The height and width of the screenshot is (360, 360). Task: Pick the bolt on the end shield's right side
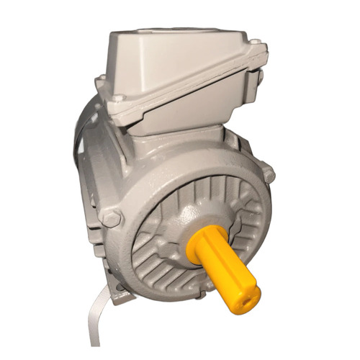click(x=268, y=174)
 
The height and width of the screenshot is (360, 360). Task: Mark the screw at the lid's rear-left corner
click(x=102, y=79)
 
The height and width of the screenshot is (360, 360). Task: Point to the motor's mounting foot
click(x=122, y=292)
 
